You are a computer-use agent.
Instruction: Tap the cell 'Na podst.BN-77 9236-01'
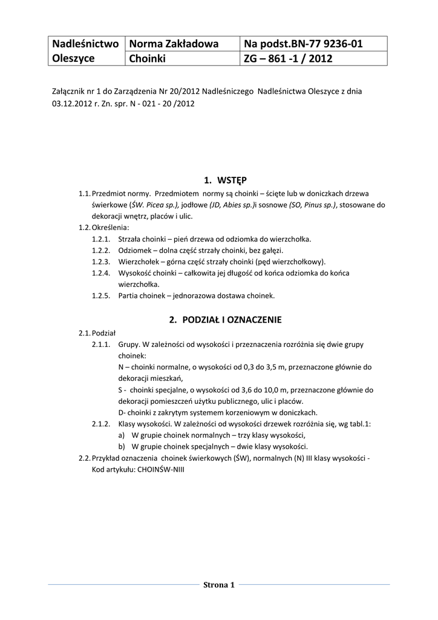(305, 44)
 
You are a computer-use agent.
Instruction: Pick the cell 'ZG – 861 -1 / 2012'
(288, 59)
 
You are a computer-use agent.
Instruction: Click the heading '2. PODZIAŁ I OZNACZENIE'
(226, 319)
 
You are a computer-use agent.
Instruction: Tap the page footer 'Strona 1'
(218, 585)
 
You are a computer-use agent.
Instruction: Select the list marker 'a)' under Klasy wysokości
(122, 435)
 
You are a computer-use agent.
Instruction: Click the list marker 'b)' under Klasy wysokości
(122, 447)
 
